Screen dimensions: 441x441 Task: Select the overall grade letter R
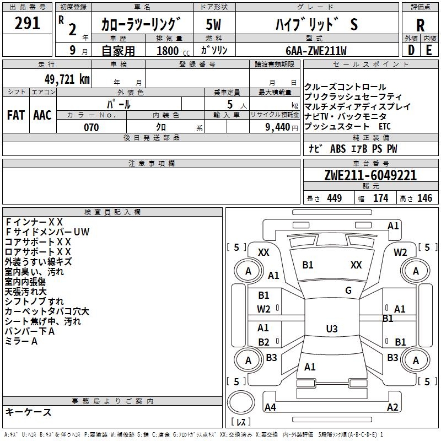click(x=420, y=25)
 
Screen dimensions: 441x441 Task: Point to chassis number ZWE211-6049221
click(x=370, y=175)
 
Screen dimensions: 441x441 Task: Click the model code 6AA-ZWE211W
click(x=316, y=51)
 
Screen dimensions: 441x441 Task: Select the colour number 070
click(x=91, y=127)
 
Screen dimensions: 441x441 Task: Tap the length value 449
click(x=334, y=198)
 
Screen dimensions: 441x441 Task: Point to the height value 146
click(x=424, y=198)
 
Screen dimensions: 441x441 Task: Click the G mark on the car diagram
click(x=348, y=291)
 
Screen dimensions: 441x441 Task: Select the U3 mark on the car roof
click(x=331, y=329)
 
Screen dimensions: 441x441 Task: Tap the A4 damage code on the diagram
click(x=270, y=407)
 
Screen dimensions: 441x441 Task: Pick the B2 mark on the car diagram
click(x=264, y=342)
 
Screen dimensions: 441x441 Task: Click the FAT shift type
click(x=16, y=115)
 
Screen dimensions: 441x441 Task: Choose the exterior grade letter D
click(x=411, y=50)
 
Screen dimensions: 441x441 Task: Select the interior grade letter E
click(x=429, y=50)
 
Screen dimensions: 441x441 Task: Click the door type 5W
click(x=213, y=25)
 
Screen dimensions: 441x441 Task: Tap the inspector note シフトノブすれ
click(x=34, y=302)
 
